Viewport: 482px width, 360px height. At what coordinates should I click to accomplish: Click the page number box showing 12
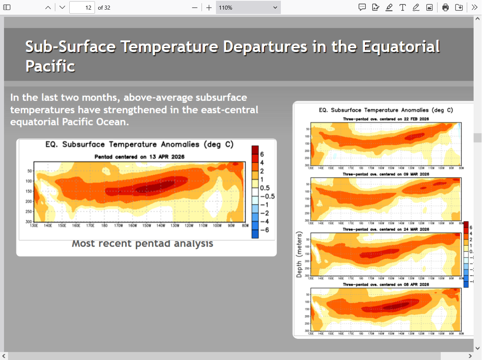pyautogui.click(x=82, y=7)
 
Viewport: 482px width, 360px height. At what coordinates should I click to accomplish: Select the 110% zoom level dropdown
pyautogui.click(x=248, y=7)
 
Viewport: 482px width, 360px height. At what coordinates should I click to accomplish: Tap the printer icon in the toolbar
pyautogui.click(x=446, y=7)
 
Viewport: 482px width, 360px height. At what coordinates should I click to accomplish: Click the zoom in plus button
pyautogui.click(x=209, y=7)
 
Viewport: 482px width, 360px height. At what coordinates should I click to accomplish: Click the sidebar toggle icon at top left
pyautogui.click(x=7, y=7)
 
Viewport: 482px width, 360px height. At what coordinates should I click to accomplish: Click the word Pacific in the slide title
pyautogui.click(x=50, y=66)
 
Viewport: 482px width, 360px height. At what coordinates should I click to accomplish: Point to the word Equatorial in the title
pyautogui.click(x=401, y=47)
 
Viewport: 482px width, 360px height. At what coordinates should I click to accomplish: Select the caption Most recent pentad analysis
pyautogui.click(x=142, y=243)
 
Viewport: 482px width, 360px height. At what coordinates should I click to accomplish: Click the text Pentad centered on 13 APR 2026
pyautogui.click(x=139, y=157)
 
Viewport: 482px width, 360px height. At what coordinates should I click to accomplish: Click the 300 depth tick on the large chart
pyautogui.click(x=28, y=221)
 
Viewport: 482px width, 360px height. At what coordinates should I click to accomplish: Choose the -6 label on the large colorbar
pyautogui.click(x=264, y=230)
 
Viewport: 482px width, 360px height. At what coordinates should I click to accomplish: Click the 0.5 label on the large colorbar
pyautogui.click(x=264, y=188)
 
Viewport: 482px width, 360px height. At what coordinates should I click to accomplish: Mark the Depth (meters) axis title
pyautogui.click(x=299, y=257)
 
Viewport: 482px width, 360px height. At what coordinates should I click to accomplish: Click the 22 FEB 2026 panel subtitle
pyautogui.click(x=386, y=119)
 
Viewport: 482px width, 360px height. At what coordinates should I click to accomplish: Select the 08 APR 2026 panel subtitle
pyautogui.click(x=386, y=284)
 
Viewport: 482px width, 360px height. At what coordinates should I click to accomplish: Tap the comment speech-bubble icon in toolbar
pyautogui.click(x=362, y=7)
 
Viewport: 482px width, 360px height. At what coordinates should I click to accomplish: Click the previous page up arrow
pyautogui.click(x=48, y=7)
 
